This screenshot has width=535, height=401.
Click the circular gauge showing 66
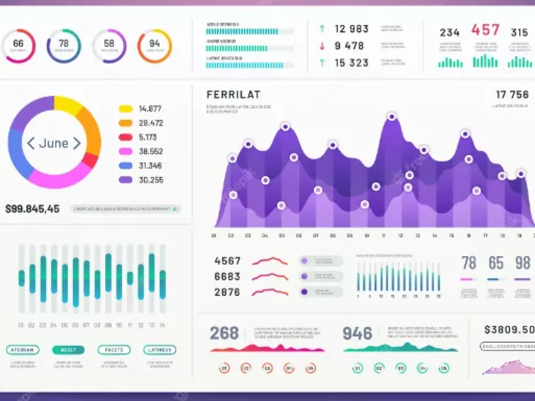click(18, 46)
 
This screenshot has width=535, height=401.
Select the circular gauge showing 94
click(154, 46)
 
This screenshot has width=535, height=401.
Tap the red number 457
click(486, 30)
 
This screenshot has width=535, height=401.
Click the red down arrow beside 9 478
click(322, 46)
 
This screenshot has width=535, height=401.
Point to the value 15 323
click(352, 63)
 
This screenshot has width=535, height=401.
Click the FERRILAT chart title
click(234, 94)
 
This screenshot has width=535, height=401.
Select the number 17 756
click(512, 94)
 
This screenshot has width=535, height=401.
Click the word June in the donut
click(53, 143)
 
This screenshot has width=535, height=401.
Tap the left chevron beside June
click(31, 143)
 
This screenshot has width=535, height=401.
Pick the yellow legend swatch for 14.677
click(126, 109)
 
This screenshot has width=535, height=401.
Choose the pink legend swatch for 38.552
click(126, 151)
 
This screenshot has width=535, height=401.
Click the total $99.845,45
click(32, 209)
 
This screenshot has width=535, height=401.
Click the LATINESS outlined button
click(160, 350)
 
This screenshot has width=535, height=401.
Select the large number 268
click(224, 333)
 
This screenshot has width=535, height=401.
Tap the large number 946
click(357, 333)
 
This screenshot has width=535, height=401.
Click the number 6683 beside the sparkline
click(227, 277)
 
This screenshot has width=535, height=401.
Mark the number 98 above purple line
click(523, 263)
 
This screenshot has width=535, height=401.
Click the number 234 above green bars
click(449, 33)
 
